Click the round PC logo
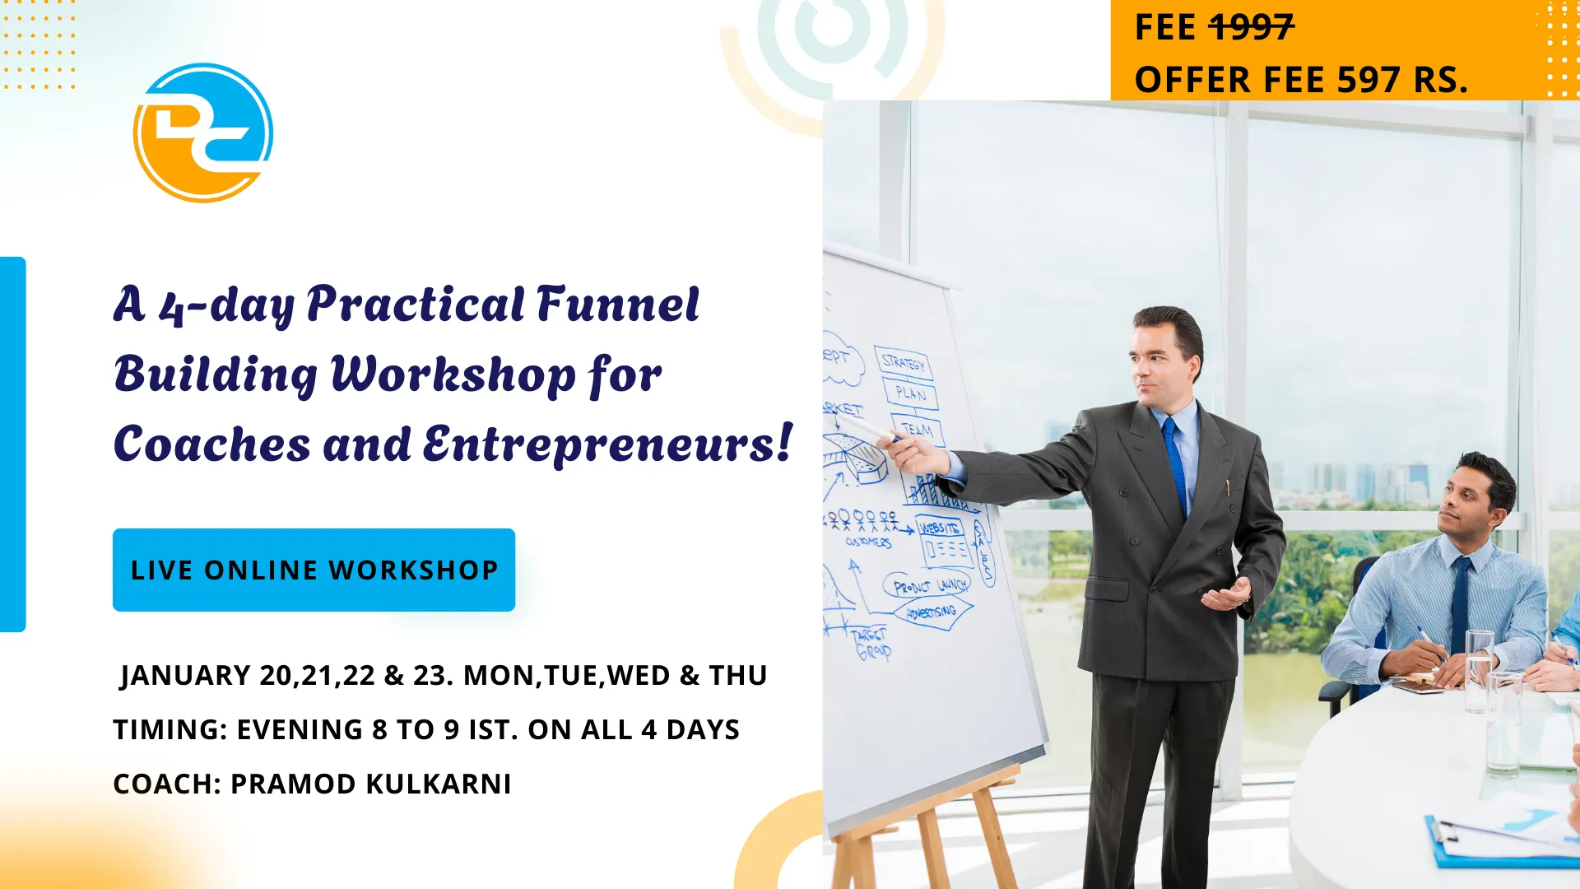coord(202,133)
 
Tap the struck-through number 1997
coord(1252,28)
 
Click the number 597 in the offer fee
coord(1368,80)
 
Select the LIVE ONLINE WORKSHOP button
coord(314,570)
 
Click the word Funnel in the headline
coord(617,305)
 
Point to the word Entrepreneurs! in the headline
coord(607,444)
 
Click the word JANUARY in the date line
coord(185,675)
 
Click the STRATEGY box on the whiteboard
coord(903,362)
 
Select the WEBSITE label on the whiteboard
coord(939,528)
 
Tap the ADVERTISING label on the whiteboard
coord(932,612)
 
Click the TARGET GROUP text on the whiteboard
coord(871,643)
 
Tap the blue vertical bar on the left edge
coord(12,444)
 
